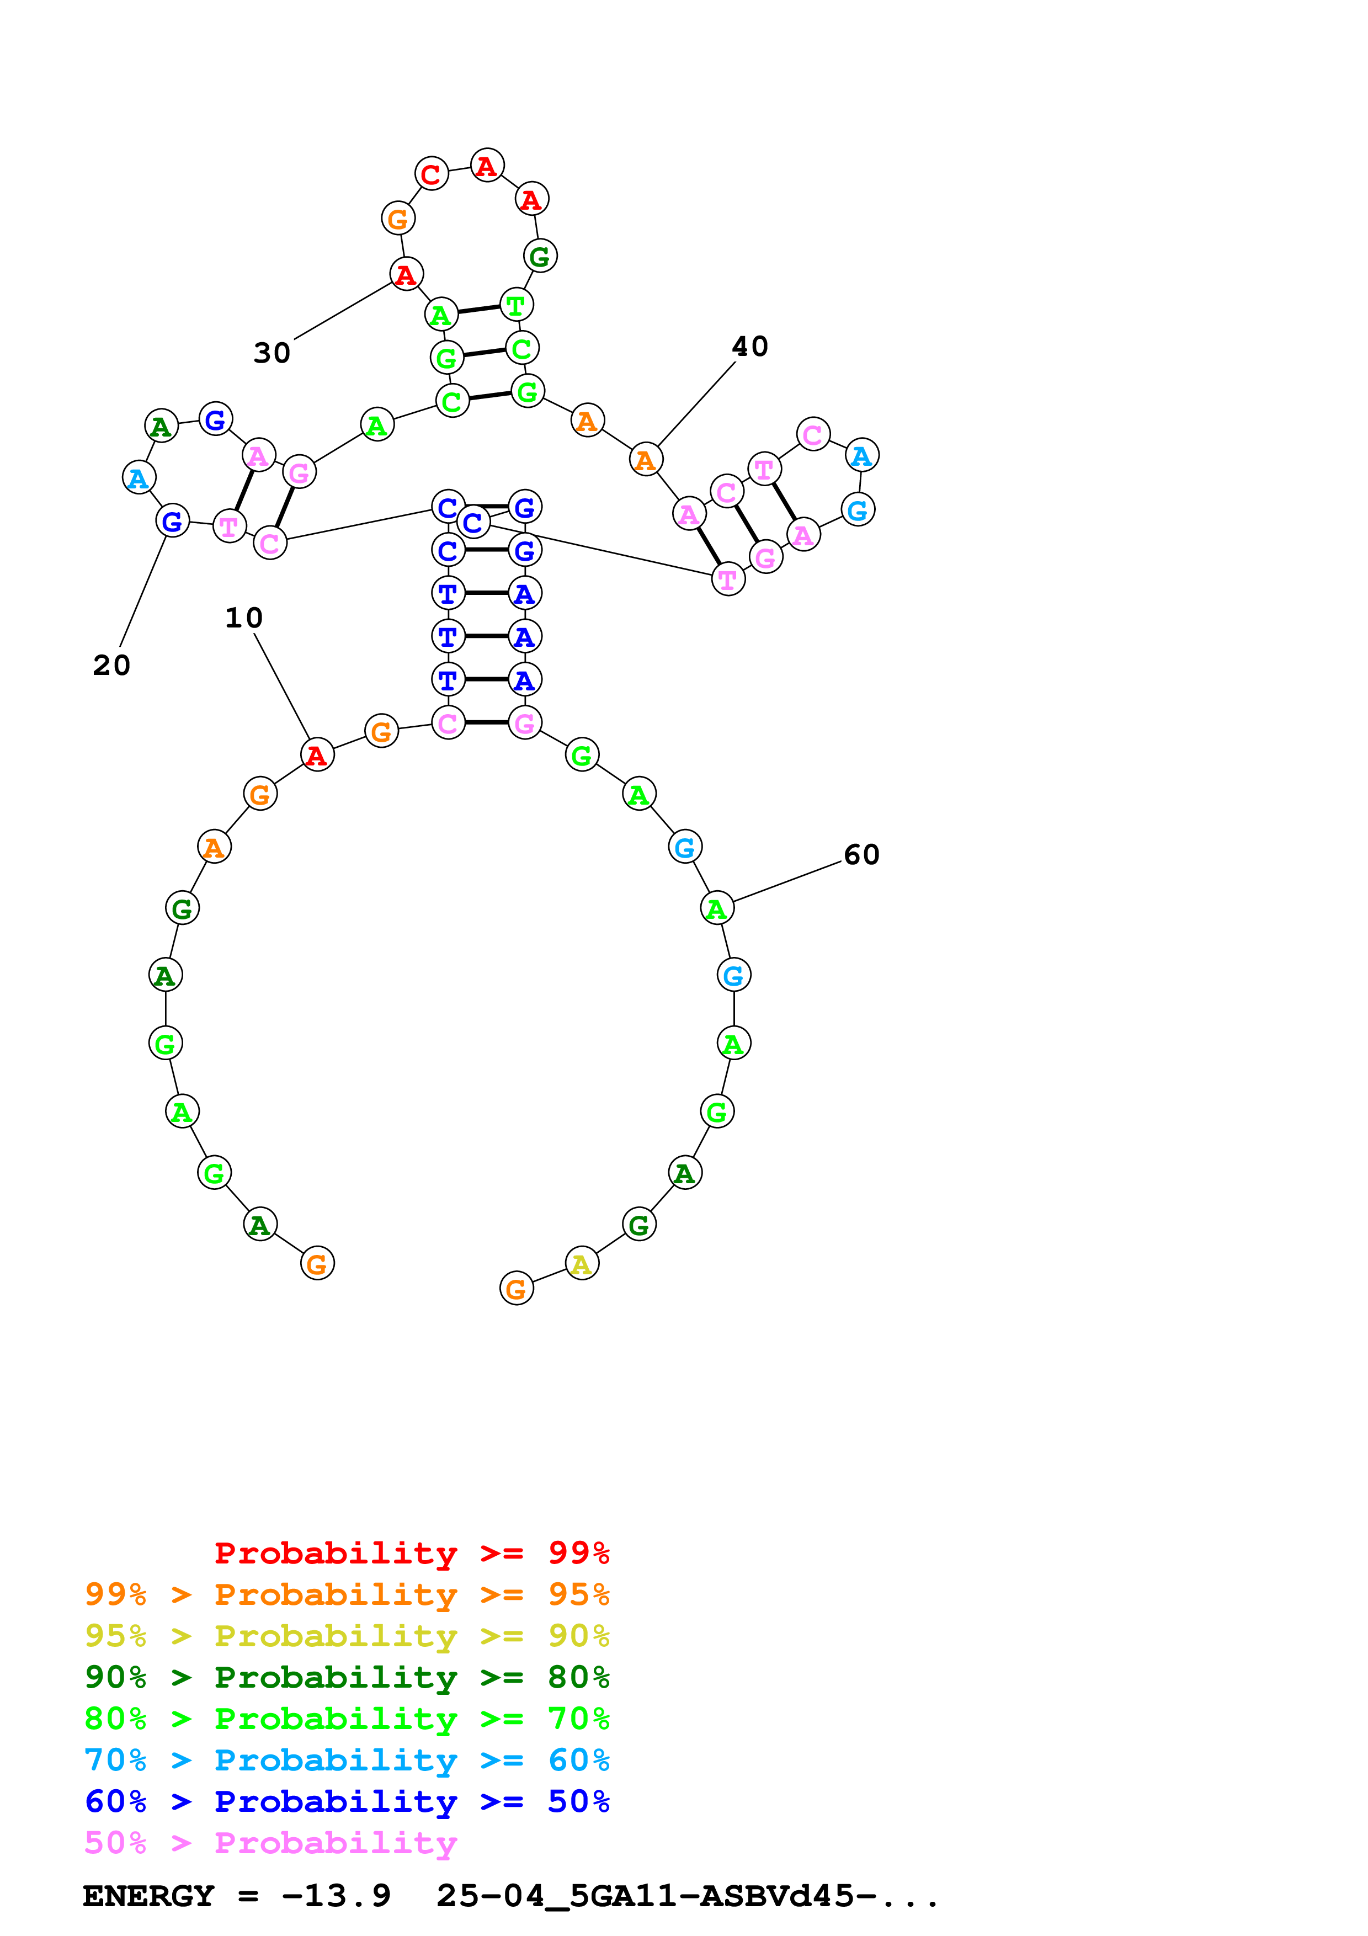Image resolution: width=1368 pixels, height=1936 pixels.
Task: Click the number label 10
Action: coord(243,618)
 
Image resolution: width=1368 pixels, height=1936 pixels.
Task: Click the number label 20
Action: coord(111,665)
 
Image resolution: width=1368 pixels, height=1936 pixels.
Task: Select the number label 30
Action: coord(272,353)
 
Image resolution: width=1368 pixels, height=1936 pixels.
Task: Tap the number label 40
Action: coord(749,345)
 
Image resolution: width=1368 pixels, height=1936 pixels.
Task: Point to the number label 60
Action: coord(861,854)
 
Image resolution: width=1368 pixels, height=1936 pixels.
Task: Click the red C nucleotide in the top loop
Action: coord(432,174)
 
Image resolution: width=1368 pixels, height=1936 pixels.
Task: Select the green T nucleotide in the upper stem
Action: coord(516,305)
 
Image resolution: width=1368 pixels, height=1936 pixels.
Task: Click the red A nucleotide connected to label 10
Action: coord(317,754)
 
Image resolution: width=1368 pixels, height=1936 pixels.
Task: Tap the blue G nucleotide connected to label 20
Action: coord(173,521)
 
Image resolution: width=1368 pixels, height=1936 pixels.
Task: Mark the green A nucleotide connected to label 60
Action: coord(716,908)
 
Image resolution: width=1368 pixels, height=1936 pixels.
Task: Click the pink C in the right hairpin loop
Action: coord(812,434)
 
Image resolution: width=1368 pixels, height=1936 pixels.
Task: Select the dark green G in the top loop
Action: coord(540,256)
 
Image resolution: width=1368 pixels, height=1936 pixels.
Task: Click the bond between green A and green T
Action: coord(478,310)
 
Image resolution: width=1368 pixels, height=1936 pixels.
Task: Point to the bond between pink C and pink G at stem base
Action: coord(486,722)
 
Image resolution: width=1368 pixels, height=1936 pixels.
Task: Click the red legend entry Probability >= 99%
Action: coord(411,1552)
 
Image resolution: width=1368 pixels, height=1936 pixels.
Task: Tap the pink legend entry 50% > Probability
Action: coord(270,1842)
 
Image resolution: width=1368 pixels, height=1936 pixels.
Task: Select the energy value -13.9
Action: coord(336,1896)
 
